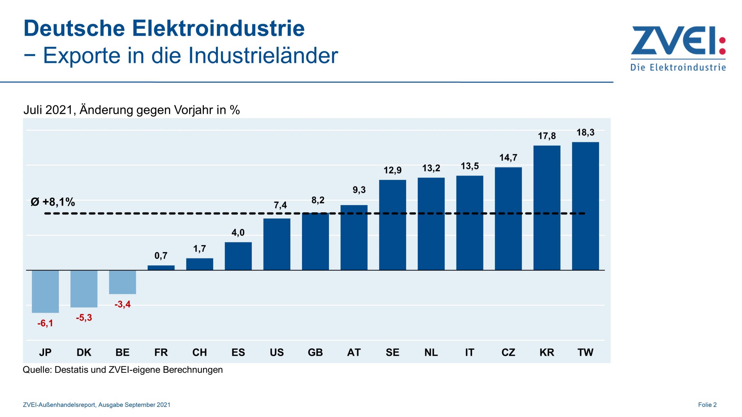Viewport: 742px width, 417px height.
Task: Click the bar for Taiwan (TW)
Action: coord(585,206)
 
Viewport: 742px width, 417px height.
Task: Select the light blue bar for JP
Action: coord(45,291)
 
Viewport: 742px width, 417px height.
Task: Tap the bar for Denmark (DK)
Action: coord(84,289)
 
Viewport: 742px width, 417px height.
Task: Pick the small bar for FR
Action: coord(161,268)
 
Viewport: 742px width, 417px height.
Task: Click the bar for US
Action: coord(277,244)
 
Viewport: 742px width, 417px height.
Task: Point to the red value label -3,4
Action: coord(122,304)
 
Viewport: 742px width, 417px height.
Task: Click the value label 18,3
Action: coord(585,133)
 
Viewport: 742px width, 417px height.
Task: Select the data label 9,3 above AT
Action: coord(359,190)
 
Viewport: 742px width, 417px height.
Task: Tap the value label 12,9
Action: coord(392,170)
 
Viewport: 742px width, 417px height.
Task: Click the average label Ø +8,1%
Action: coord(53,202)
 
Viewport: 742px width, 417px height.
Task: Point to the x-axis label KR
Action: coord(547,352)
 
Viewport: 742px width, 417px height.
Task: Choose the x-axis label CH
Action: coord(199,352)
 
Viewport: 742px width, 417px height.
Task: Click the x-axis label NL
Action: coord(431,352)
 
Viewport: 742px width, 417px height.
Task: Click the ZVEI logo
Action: coord(678,48)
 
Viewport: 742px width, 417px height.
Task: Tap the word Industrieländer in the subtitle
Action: coord(263,55)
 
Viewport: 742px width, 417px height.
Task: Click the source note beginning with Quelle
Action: coord(123,370)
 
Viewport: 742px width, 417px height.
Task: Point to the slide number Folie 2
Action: coord(707,405)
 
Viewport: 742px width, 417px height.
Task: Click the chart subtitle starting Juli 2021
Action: coord(132,110)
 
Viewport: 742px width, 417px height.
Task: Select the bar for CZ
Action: coord(508,219)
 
